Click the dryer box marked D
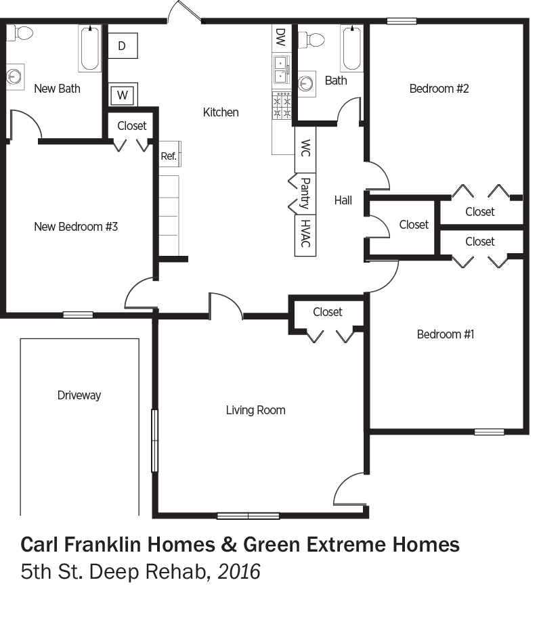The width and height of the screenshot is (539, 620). pyautogui.click(x=123, y=46)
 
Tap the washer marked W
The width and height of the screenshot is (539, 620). pyautogui.click(x=123, y=95)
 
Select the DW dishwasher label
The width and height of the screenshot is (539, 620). pyautogui.click(x=280, y=37)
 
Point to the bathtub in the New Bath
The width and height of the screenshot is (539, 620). pyautogui.click(x=90, y=48)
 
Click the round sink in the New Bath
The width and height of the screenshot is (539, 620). pyautogui.click(x=15, y=76)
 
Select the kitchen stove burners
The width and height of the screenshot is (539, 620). pyautogui.click(x=282, y=106)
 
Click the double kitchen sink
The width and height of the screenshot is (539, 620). pyautogui.click(x=281, y=69)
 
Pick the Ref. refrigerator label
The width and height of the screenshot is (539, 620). pyautogui.click(x=169, y=156)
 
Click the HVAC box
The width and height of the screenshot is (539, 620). pyautogui.click(x=305, y=234)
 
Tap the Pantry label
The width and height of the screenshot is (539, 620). pyautogui.click(x=305, y=193)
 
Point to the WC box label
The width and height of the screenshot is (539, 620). pyautogui.click(x=305, y=148)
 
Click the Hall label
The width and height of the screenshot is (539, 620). pyautogui.click(x=343, y=200)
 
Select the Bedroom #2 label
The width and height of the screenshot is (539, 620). pyautogui.click(x=439, y=89)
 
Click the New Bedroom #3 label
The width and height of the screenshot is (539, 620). pyautogui.click(x=76, y=227)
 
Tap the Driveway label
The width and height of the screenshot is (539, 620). pyautogui.click(x=79, y=395)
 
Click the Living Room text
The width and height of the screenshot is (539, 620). pyautogui.click(x=255, y=410)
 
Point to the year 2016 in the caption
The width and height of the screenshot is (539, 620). pyautogui.click(x=239, y=572)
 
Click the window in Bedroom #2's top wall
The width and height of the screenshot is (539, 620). pyautogui.click(x=402, y=21)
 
